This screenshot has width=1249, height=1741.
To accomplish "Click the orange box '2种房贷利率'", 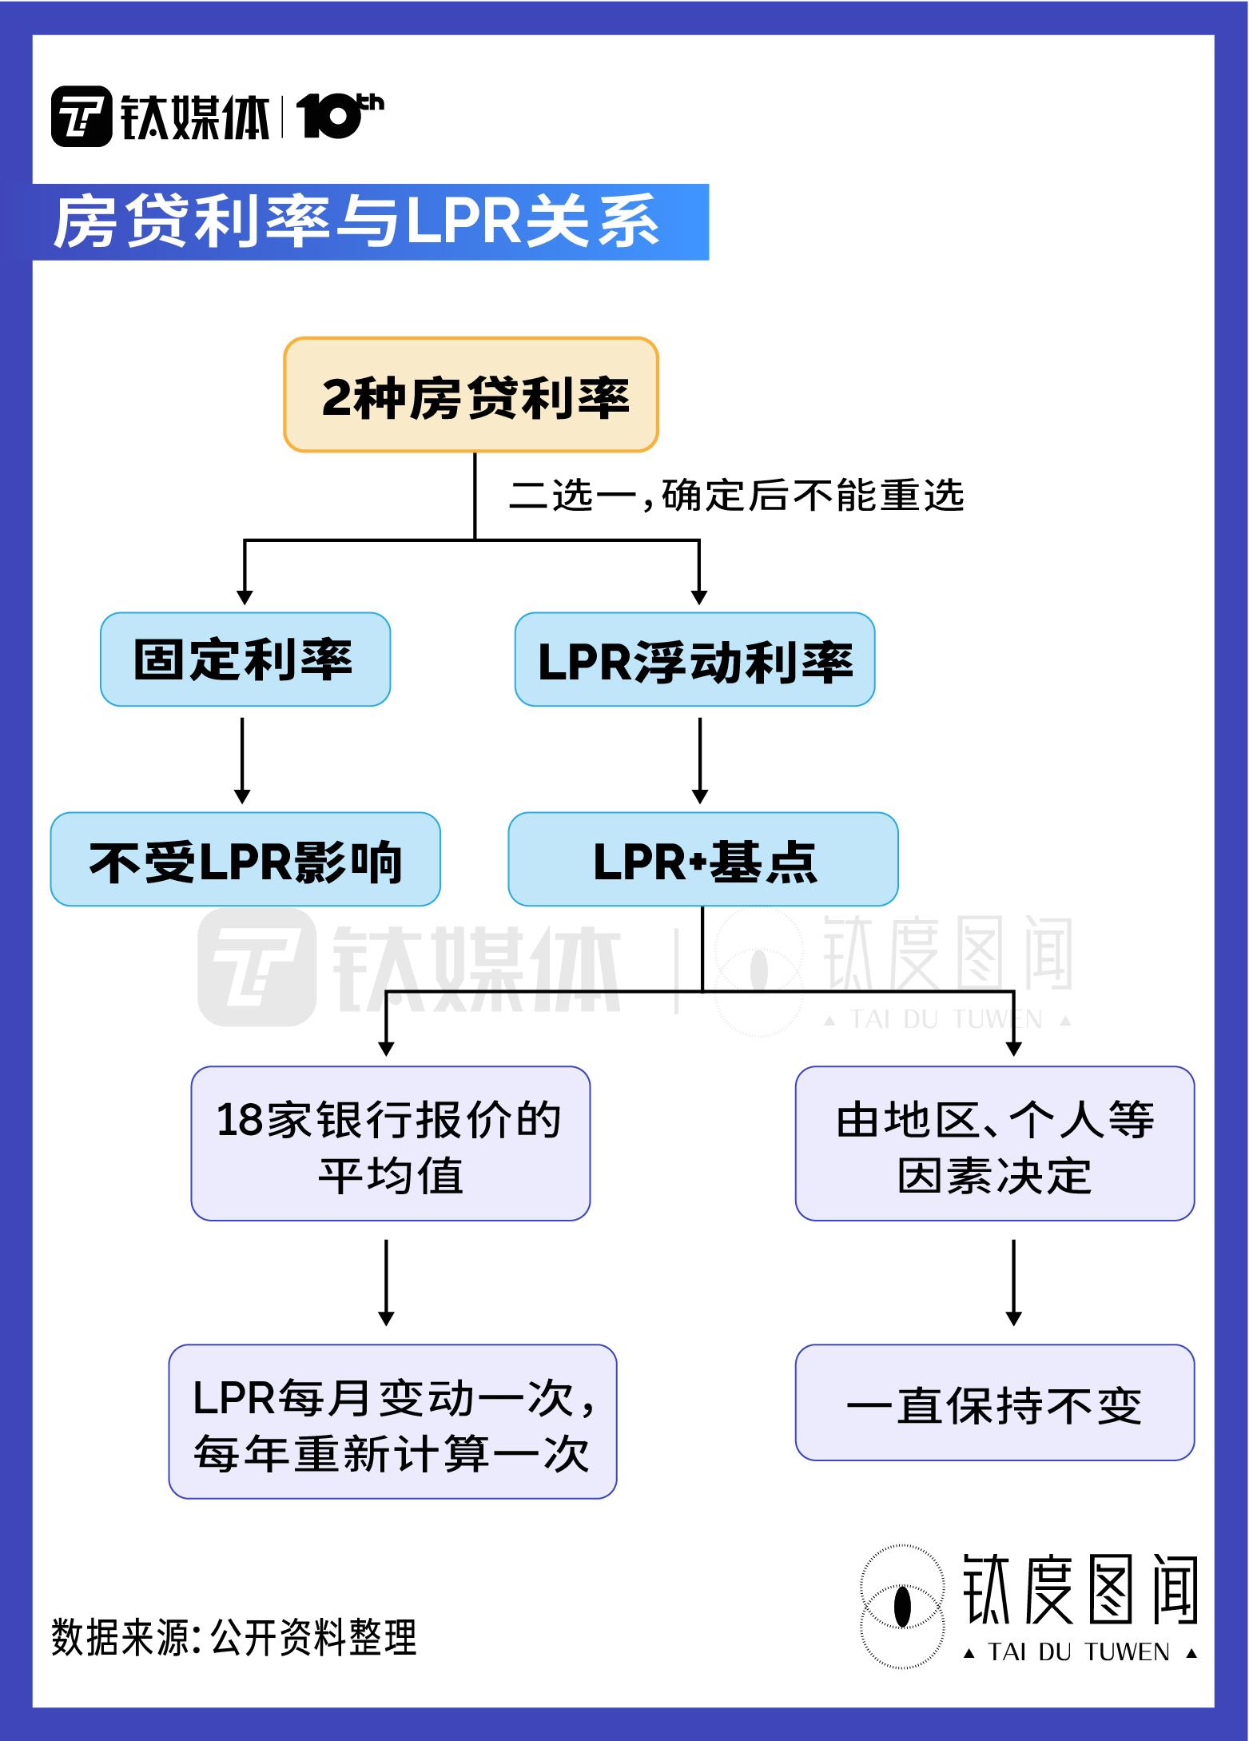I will pyautogui.click(x=471, y=395).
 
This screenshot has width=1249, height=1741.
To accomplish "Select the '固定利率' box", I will pyautogui.click(x=245, y=659).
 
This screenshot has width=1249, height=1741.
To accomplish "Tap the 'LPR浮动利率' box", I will pyautogui.click(x=694, y=659).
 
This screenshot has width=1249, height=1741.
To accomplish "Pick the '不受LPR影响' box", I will pyautogui.click(x=245, y=859).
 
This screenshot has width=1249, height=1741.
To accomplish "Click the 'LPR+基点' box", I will pyautogui.click(x=702, y=859).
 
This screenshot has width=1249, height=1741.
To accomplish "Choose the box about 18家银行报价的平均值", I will pyautogui.click(x=390, y=1143).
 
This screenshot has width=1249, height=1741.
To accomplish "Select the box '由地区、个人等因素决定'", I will pyautogui.click(x=994, y=1143).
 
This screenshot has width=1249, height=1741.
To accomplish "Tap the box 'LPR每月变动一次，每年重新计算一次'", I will pyautogui.click(x=392, y=1421).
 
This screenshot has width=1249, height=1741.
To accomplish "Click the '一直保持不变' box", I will pyautogui.click(x=994, y=1403).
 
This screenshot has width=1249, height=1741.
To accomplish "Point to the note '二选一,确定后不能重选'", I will pyautogui.click(x=736, y=496).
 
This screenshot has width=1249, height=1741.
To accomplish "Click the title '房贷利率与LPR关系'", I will pyautogui.click(x=356, y=221).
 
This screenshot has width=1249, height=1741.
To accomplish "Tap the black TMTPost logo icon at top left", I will pyautogui.click(x=82, y=117).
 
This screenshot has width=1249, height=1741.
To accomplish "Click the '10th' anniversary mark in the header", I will pyautogui.click(x=339, y=116).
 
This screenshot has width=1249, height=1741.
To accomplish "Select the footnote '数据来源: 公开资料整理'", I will pyautogui.click(x=234, y=1636).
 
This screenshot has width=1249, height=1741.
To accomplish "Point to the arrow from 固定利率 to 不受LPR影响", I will pyautogui.click(x=242, y=759).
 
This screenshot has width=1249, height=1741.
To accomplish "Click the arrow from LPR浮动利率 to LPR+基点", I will pyautogui.click(x=700, y=759).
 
